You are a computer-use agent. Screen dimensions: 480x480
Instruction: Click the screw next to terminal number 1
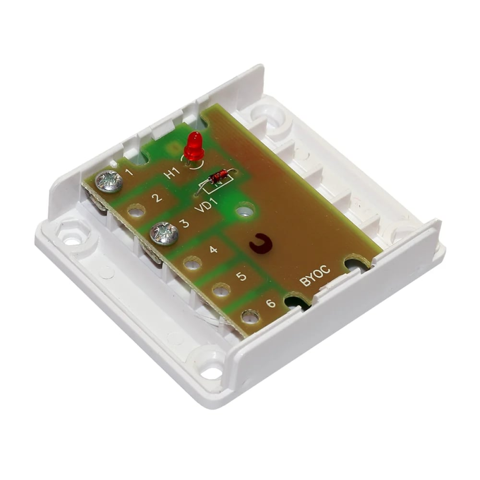(109, 181)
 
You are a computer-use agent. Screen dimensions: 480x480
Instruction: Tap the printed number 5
(242, 276)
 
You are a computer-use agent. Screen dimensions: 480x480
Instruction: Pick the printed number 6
(271, 303)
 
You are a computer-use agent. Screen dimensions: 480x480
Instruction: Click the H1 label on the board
(174, 172)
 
